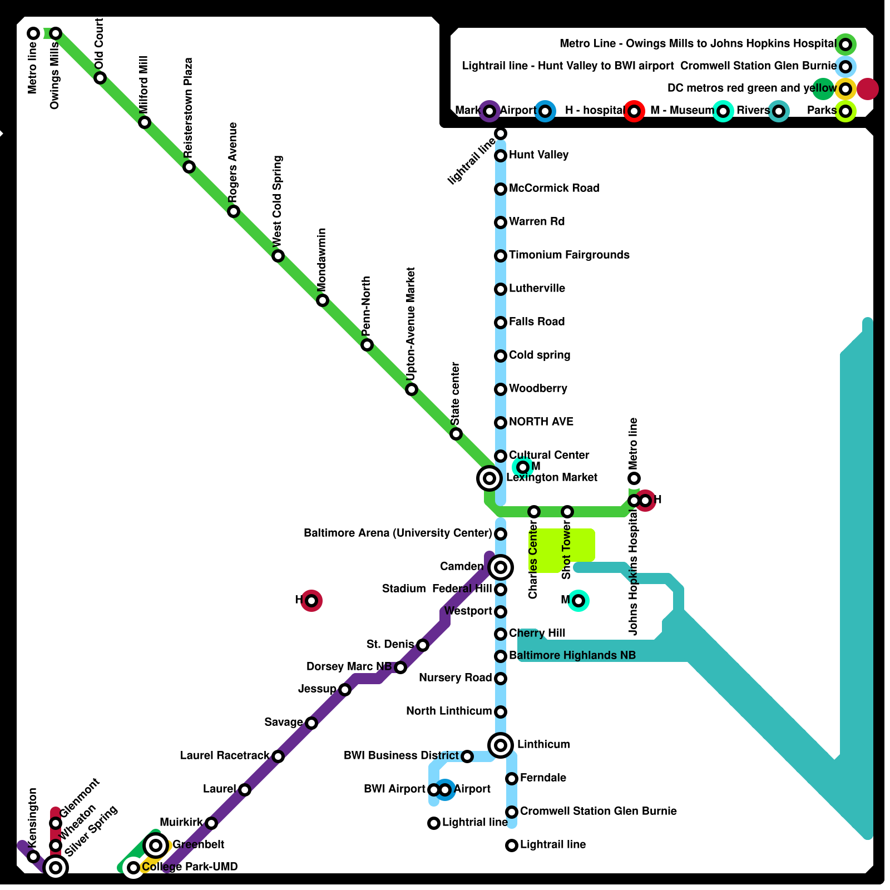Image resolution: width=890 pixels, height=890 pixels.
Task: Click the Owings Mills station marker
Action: click(x=56, y=33)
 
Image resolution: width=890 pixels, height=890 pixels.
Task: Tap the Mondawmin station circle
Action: click(x=323, y=300)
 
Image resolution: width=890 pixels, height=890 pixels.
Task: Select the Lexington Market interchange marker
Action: click(x=489, y=478)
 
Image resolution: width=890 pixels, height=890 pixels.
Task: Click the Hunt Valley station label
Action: click(x=538, y=155)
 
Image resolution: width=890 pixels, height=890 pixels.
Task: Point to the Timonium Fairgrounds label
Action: click(x=569, y=255)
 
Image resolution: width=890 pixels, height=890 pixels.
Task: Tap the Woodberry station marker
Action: click(x=501, y=389)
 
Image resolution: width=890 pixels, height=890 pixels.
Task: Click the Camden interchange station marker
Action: click(x=501, y=567)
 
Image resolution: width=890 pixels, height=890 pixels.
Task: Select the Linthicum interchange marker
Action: click(x=501, y=745)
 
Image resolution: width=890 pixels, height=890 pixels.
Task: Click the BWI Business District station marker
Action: click(x=467, y=756)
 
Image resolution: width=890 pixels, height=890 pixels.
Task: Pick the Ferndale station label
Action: click(x=543, y=778)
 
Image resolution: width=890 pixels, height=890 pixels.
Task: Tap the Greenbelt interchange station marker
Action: click(x=156, y=845)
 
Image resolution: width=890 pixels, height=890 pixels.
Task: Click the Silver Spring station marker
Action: click(x=56, y=867)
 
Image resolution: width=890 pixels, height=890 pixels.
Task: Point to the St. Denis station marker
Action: click(x=423, y=645)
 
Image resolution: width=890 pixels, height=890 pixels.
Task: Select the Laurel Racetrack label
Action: click(x=225, y=755)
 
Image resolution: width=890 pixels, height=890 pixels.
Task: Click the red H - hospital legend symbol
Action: click(x=634, y=111)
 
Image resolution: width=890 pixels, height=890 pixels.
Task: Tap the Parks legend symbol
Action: click(x=845, y=111)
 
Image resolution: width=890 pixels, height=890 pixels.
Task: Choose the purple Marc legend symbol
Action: click(x=489, y=111)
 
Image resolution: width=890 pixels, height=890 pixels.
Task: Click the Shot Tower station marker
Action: click(x=567, y=512)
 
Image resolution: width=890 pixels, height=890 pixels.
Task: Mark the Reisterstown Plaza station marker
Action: click(x=189, y=167)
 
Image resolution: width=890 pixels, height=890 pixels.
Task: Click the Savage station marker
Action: click(x=311, y=723)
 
